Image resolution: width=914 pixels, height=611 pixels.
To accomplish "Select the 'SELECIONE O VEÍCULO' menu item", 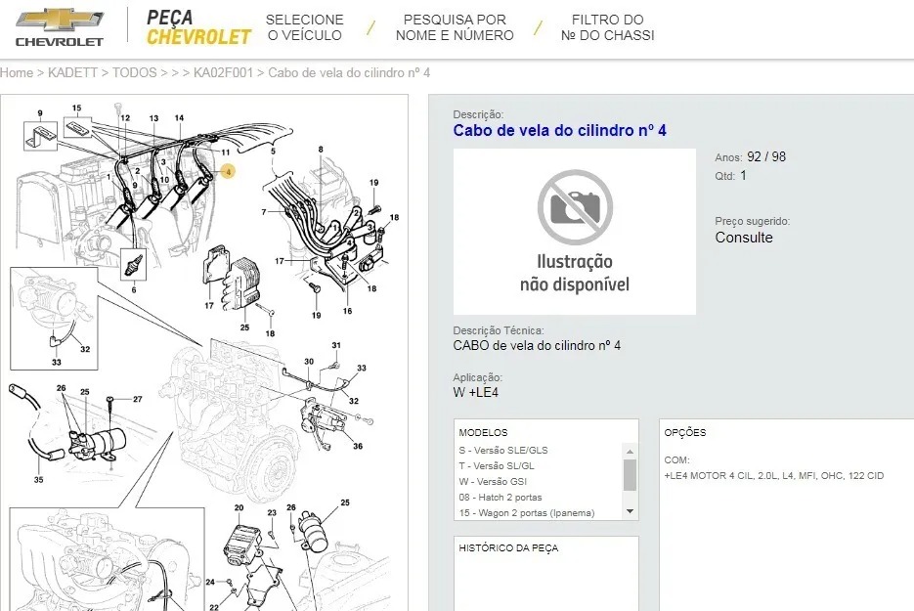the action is coord(304,27).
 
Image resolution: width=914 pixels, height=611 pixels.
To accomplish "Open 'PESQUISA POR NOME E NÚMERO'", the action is coord(455,27).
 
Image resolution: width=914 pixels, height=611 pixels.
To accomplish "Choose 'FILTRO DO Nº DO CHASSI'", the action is coord(607,27).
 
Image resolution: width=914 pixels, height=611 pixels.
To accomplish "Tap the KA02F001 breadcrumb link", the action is coord(223,73).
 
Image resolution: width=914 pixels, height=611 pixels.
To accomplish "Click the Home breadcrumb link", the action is coord(17,73).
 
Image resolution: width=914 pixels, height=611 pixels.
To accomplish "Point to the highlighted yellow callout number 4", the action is coord(229,171).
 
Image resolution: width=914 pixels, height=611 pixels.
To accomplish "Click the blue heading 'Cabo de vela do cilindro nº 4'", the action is coord(559,130).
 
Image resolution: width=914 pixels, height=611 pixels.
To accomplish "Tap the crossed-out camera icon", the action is coord(575,207).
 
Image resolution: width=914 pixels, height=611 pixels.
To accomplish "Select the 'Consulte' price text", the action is coord(744,238).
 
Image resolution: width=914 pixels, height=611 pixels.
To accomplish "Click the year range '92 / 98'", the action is coord(766,156).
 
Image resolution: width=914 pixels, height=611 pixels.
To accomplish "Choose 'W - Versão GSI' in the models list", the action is coord(493,482).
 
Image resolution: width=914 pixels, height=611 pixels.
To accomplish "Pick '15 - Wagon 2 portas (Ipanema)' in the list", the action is coord(526,513).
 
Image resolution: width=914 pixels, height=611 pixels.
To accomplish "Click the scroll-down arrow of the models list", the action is coord(630,511).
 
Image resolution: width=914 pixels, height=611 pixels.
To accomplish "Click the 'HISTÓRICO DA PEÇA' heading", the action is coord(508,548).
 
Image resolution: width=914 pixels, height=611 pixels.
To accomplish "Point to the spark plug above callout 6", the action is coord(134,264).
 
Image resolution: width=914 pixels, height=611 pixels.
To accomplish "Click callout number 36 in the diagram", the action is coord(358,446).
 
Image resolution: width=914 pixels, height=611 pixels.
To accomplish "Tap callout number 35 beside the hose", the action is coord(38,480).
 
